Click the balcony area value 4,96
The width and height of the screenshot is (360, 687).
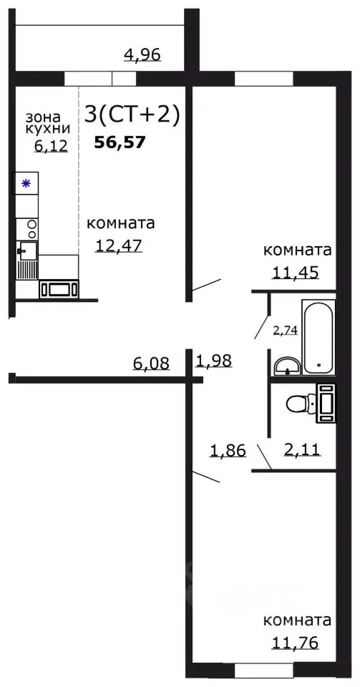point(143,54)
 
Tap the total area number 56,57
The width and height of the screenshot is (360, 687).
point(120,142)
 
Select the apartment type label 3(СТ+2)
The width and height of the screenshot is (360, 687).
point(132,114)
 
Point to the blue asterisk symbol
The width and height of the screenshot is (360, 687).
point(26,184)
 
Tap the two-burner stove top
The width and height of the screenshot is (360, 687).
point(31,228)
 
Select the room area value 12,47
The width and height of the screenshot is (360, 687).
point(120,245)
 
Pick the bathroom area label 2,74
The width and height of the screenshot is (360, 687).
point(285,330)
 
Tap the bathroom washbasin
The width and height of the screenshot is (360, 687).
point(288,366)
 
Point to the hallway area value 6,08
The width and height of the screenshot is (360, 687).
point(151,364)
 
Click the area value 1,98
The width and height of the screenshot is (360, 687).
point(214,361)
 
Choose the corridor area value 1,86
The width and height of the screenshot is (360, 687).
point(227,451)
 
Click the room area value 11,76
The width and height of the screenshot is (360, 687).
point(295,642)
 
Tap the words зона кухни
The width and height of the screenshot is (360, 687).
point(47,122)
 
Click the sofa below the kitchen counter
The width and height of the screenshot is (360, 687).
point(59,288)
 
